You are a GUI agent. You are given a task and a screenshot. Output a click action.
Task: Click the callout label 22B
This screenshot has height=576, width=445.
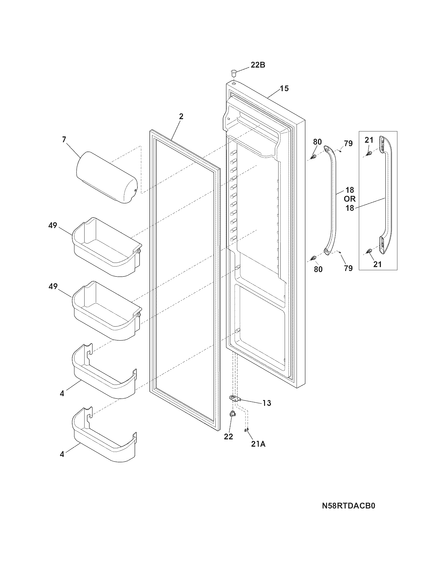coord(258,65)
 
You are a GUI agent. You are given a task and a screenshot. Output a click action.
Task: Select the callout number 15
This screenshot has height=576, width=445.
coord(284,88)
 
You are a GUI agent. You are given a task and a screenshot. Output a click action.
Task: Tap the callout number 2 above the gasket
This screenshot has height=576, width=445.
coord(181,117)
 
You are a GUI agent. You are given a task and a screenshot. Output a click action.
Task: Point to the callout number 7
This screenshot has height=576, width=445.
coord(64,140)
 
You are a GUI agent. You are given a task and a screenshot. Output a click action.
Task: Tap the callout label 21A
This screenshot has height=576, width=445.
coord(258,444)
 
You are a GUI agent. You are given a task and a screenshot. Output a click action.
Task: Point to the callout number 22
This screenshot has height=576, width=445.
coord(229,436)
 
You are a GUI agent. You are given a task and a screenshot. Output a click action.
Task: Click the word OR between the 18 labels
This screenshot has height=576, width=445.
coord(349,199)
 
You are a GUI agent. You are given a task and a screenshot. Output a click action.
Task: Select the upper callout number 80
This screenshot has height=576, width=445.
coord(318,142)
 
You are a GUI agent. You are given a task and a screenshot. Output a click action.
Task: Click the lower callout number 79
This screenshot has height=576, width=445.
coord(348,268)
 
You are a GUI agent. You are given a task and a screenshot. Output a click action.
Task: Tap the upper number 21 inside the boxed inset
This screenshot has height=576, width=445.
coord(369,140)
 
